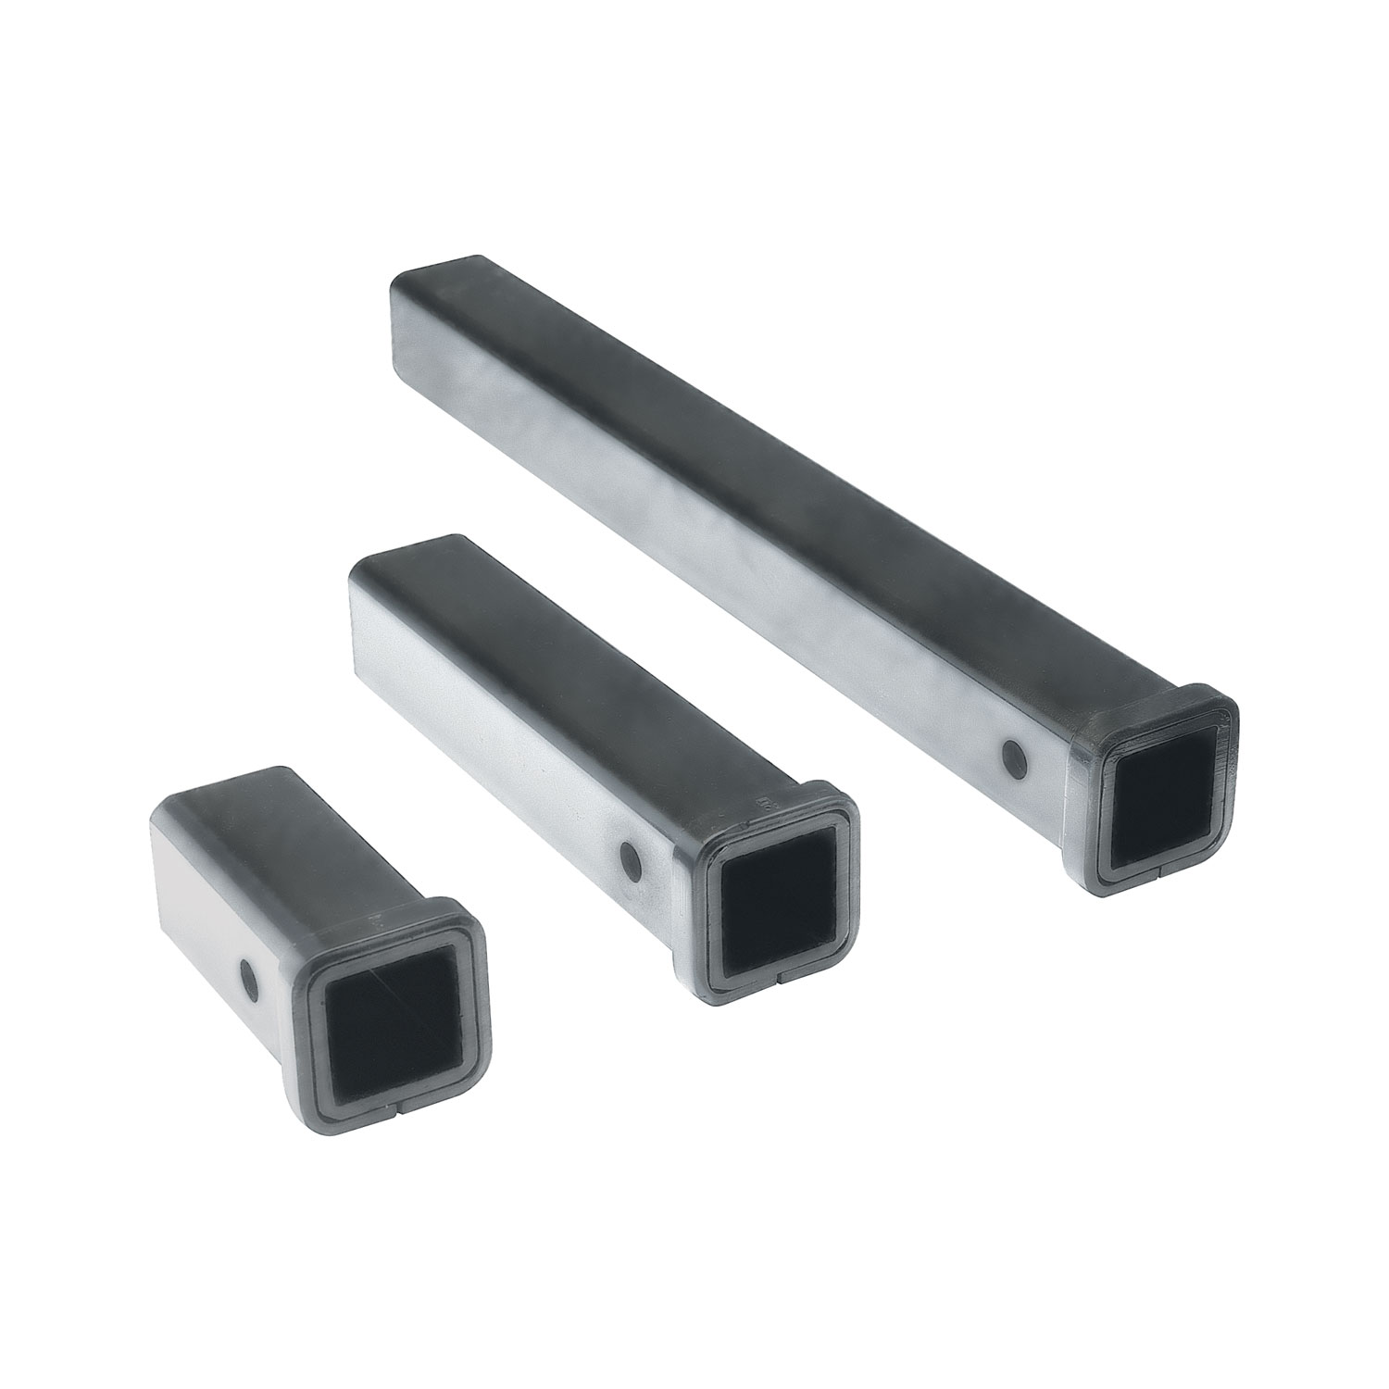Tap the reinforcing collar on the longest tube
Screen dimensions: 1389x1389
point(1083,732)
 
